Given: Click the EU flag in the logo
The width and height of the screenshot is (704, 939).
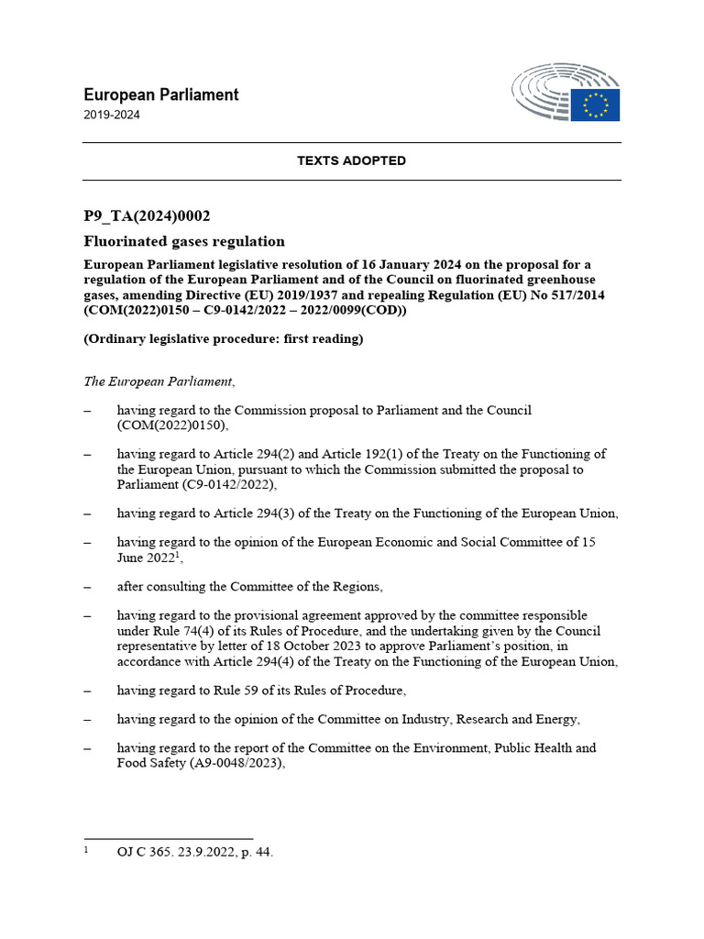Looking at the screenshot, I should (595, 105).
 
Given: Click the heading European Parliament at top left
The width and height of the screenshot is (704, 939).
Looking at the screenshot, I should (161, 94).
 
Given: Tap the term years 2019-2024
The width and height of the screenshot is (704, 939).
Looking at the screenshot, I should (112, 116).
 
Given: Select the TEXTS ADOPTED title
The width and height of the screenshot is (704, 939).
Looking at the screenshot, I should (351, 160).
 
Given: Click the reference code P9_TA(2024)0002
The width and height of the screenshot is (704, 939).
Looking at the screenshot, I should (148, 216).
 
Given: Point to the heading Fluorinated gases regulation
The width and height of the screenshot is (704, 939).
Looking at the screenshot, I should (184, 241).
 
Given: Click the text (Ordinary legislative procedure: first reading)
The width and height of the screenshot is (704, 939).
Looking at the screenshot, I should (224, 339).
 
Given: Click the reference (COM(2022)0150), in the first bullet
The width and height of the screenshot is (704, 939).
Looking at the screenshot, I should (172, 425).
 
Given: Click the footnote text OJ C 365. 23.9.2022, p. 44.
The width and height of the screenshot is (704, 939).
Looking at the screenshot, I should (194, 852).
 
